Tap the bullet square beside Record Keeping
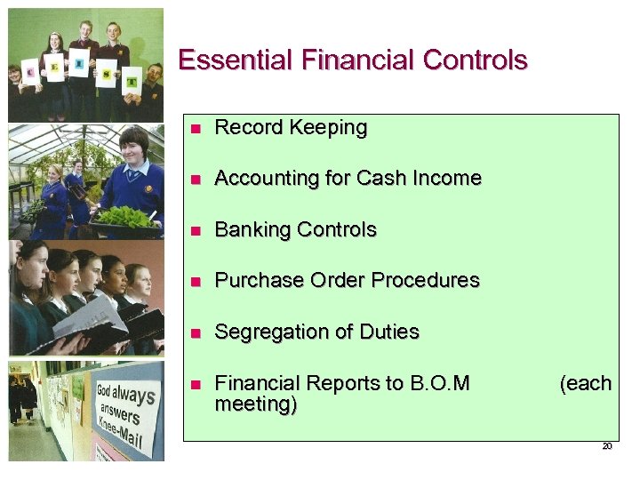coord(197,129)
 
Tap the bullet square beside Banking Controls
coord(197,231)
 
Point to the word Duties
coord(388,332)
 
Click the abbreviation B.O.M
coord(440,384)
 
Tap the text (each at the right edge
coord(585,384)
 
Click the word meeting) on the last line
coord(256,405)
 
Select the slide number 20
coord(607,447)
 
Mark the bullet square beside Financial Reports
coord(197,385)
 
